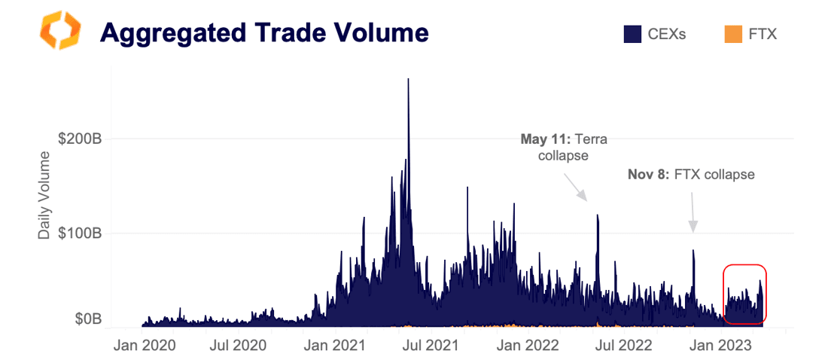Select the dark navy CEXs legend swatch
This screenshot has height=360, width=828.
click(632, 34)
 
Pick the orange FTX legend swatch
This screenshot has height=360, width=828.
click(732, 34)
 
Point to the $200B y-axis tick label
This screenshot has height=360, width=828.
click(80, 139)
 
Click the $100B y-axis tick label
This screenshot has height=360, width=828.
click(80, 233)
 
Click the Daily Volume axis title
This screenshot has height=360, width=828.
click(44, 196)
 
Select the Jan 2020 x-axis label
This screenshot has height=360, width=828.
click(145, 346)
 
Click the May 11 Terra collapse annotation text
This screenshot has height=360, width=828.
click(564, 147)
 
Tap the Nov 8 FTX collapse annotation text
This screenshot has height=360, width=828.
click(690, 175)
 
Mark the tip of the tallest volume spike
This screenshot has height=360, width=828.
click(408, 79)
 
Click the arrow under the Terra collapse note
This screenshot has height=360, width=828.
click(576, 186)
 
